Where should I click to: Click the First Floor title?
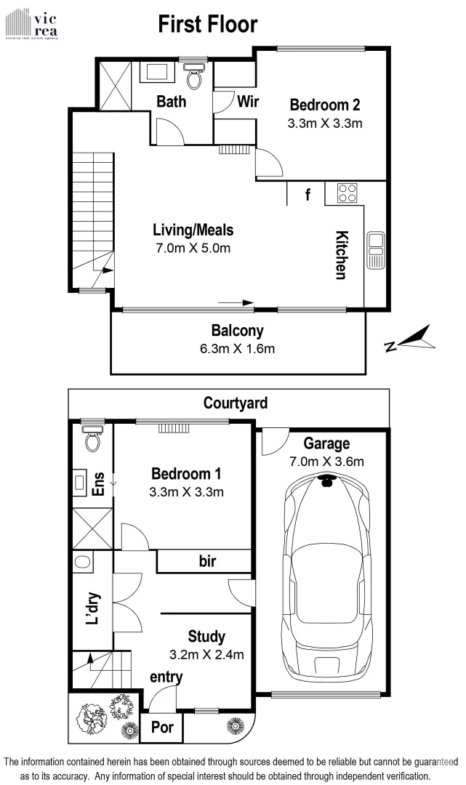point(208,24)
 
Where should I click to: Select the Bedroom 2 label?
point(324,103)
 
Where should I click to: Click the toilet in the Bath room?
point(194,74)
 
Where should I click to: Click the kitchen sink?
point(376,249)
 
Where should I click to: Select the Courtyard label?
point(235,402)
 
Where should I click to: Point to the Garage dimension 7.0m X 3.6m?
point(326,461)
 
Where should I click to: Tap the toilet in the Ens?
point(92,438)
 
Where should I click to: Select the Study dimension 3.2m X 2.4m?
point(206,653)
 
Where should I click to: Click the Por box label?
point(161,727)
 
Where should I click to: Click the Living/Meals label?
point(193,230)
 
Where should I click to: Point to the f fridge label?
point(308,194)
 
